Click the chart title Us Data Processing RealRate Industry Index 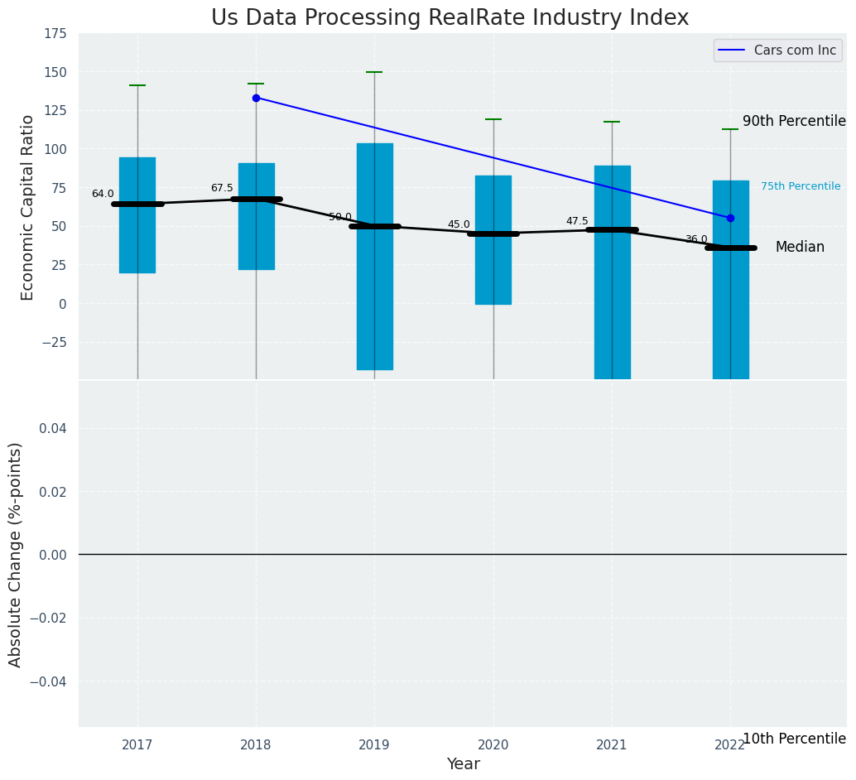click(x=450, y=18)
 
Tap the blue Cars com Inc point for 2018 click(x=256, y=98)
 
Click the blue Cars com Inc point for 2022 click(x=730, y=218)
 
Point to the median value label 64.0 click(x=103, y=194)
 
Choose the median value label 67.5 click(x=222, y=188)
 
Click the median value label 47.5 click(x=577, y=221)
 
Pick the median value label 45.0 click(x=459, y=224)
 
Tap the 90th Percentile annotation click(x=793, y=121)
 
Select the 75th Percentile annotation click(x=800, y=186)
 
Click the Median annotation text click(x=799, y=247)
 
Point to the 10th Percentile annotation click(x=793, y=739)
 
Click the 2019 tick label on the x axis click(x=374, y=745)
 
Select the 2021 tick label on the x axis click(x=612, y=745)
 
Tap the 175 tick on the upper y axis click(x=55, y=34)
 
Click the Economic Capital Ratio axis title click(x=27, y=207)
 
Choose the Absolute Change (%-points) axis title click(x=16, y=554)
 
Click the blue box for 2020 click(x=493, y=240)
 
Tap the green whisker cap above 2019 click(x=374, y=72)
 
